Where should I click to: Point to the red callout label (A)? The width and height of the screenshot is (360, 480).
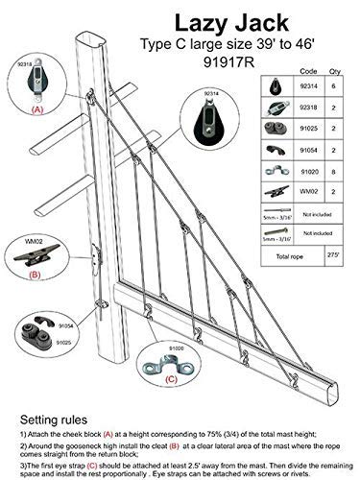click(37, 109)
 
